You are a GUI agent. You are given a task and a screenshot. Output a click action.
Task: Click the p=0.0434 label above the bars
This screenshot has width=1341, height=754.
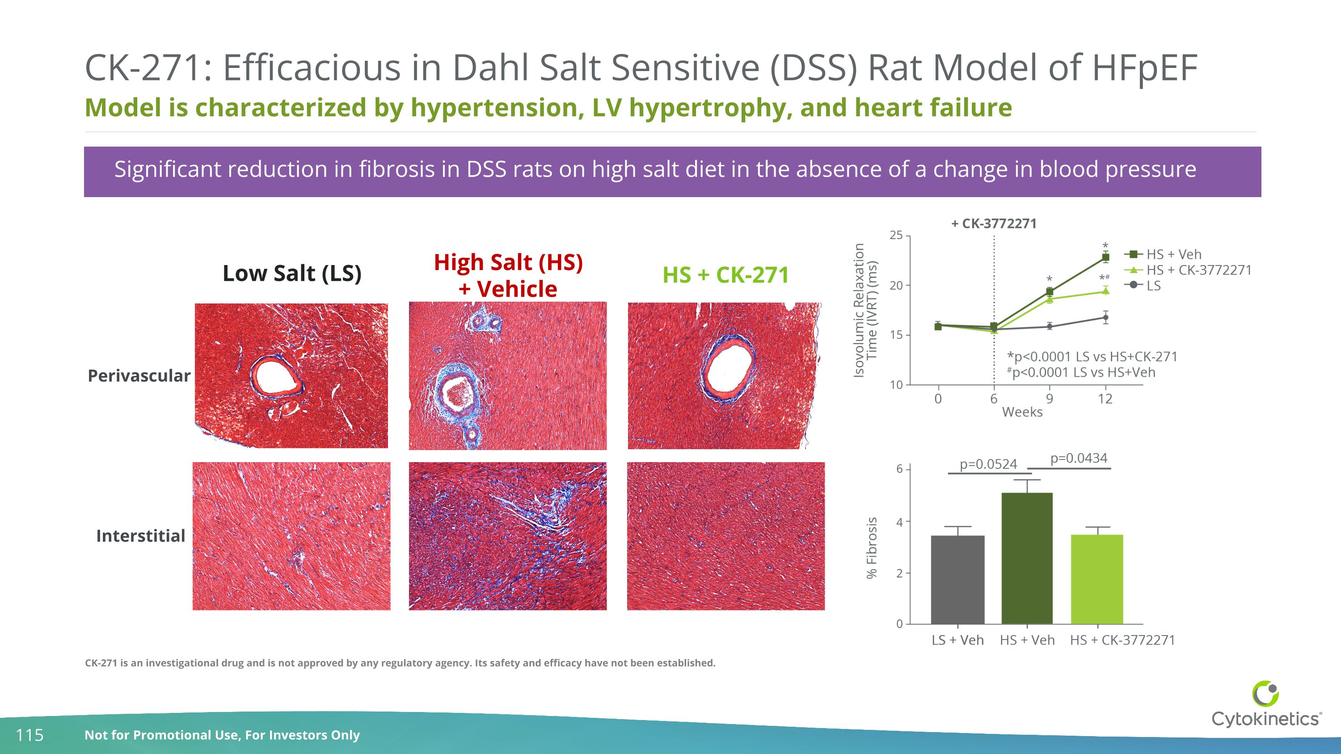pyautogui.click(x=1078, y=458)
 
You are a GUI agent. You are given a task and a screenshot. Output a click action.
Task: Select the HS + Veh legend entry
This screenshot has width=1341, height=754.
pyautogui.click(x=1173, y=254)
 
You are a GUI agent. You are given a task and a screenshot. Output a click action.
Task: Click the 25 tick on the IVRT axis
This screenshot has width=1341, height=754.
pyautogui.click(x=896, y=235)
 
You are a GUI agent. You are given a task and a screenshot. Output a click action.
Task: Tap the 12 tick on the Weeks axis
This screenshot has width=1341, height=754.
pyautogui.click(x=1105, y=399)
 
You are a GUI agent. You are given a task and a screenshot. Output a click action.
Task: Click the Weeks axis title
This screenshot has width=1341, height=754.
pyautogui.click(x=1022, y=412)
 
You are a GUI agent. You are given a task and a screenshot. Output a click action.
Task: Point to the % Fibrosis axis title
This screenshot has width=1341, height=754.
pyautogui.click(x=872, y=548)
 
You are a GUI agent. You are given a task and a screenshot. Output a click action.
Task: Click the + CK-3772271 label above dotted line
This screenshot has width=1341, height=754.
pyautogui.click(x=994, y=224)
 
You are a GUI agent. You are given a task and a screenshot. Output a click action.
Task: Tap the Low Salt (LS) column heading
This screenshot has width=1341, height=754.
pyautogui.click(x=291, y=273)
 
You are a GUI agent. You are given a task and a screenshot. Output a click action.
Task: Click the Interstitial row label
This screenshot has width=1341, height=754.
pyautogui.click(x=140, y=536)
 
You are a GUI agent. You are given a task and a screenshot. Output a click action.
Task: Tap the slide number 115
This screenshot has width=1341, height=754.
pyautogui.click(x=30, y=735)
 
